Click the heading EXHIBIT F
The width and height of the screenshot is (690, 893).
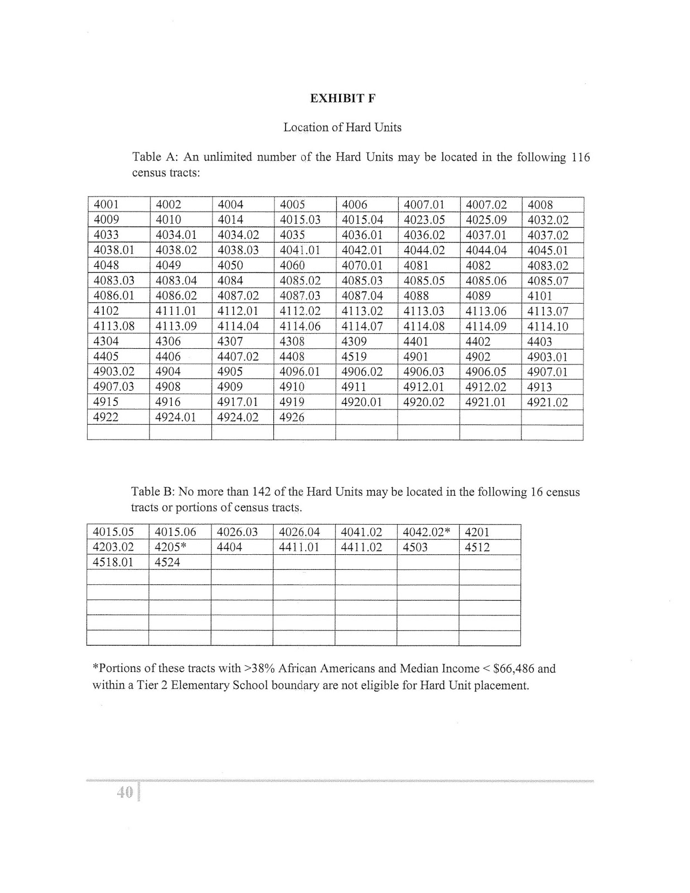click(342, 98)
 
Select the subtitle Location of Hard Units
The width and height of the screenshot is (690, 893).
click(342, 127)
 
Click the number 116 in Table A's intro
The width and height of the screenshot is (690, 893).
click(580, 157)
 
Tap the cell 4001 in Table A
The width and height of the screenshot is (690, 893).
click(106, 205)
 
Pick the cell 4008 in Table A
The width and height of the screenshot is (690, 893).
click(539, 205)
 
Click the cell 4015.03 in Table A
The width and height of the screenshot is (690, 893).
click(300, 220)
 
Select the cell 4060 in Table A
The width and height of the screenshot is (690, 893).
click(292, 266)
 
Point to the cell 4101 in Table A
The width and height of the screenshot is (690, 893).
click(539, 296)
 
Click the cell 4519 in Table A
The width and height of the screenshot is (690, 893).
click(354, 357)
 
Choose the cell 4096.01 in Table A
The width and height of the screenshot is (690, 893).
click(300, 372)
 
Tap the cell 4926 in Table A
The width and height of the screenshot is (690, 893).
click(292, 417)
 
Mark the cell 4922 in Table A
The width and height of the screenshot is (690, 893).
click(106, 417)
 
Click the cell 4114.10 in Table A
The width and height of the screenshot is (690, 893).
click(548, 327)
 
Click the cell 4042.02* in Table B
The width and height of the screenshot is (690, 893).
click(426, 532)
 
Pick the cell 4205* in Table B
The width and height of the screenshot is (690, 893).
click(170, 547)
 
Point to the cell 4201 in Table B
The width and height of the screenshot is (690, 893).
click(477, 532)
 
